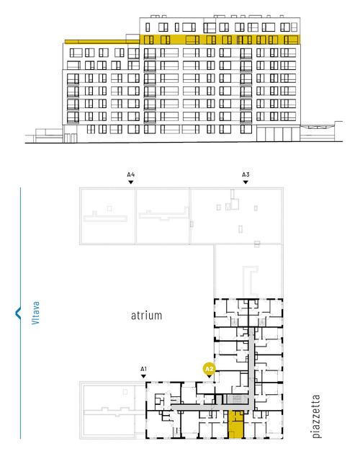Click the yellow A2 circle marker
[210, 369]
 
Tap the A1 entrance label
[143, 369]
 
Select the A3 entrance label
[246, 175]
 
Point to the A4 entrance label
[131, 175]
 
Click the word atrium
[146, 316]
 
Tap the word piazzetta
[316, 416]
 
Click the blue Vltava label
[35, 313]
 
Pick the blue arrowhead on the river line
[18, 313]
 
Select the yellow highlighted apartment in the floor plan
[236, 424]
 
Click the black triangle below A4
[131, 182]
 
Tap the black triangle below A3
[246, 182]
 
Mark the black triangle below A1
[143, 376]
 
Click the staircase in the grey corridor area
[235, 399]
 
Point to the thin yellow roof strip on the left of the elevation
[102, 42]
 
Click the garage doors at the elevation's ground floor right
[278, 134]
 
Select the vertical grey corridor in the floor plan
[251, 368]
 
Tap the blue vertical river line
[20, 313]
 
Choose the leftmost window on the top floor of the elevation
[148, 27]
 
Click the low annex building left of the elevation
[49, 135]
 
